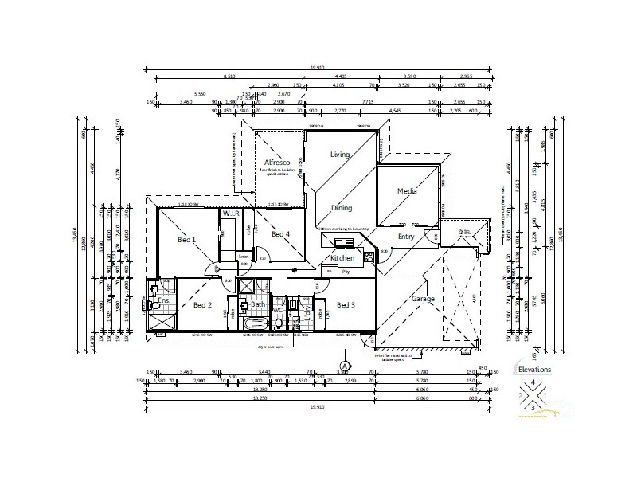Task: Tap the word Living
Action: click(x=341, y=155)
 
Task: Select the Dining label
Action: click(x=342, y=208)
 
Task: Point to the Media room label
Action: click(x=408, y=191)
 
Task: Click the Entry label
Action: click(x=406, y=237)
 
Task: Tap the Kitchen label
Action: click(x=342, y=259)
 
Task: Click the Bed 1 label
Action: click(x=186, y=239)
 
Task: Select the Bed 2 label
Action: click(x=202, y=305)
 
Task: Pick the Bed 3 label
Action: click(x=346, y=305)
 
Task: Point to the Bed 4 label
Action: click(x=279, y=234)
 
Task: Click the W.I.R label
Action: click(x=231, y=214)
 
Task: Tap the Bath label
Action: click(x=257, y=304)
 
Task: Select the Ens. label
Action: click(x=162, y=301)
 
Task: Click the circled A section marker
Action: click(x=334, y=366)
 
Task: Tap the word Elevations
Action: click(x=533, y=370)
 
